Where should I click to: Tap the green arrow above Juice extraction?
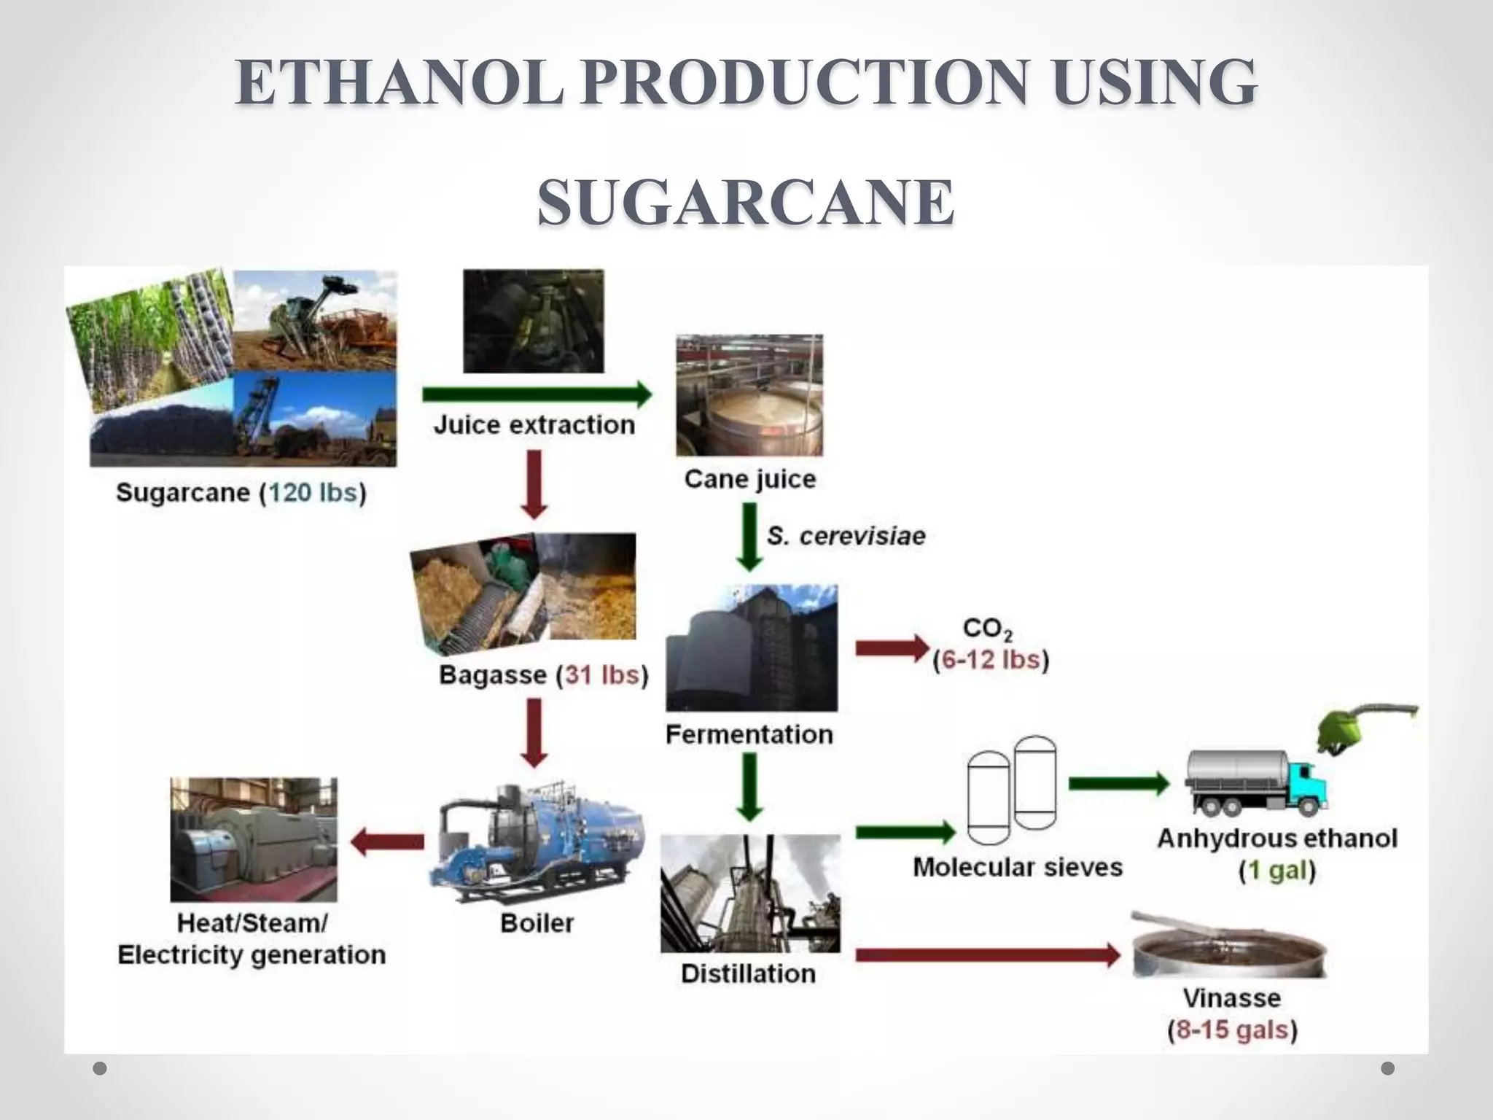pyautogui.click(x=537, y=394)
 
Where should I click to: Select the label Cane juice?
pyautogui.click(x=749, y=479)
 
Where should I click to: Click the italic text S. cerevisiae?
pyautogui.click(x=846, y=536)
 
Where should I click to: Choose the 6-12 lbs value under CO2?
pyautogui.click(x=991, y=660)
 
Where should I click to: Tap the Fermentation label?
pyautogui.click(x=749, y=734)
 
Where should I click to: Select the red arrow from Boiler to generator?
pyautogui.click(x=387, y=842)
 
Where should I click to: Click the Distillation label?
pyautogui.click(x=748, y=973)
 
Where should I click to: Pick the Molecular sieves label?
pyautogui.click(x=1018, y=867)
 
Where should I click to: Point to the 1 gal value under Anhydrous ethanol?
pyautogui.click(x=1277, y=871)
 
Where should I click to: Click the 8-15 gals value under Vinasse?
pyautogui.click(x=1233, y=1030)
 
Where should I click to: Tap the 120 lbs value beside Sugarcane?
pyautogui.click(x=313, y=493)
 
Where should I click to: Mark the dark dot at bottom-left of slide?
pyautogui.click(x=101, y=1068)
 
